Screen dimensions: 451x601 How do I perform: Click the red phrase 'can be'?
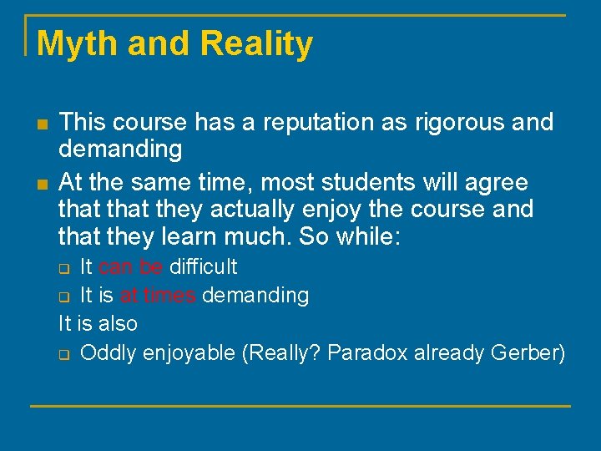pos(131,267)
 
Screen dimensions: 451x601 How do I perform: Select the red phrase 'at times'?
pos(157,296)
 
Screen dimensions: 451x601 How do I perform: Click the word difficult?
pos(204,267)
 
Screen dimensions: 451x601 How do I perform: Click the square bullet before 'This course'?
pos(42,124)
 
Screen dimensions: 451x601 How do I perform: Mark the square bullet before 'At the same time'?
pos(42,183)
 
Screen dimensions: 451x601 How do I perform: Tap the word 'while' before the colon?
pos(366,237)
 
